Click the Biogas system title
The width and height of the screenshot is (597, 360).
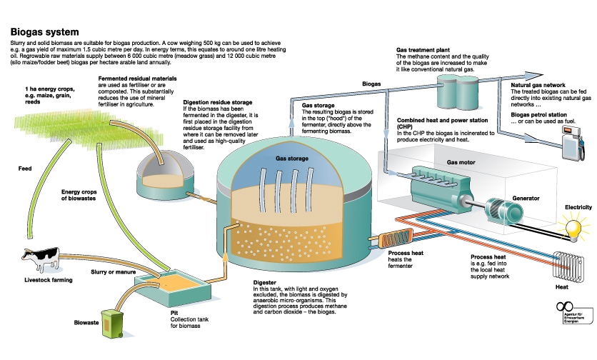coord(44,33)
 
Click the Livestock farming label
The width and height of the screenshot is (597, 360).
coord(48,280)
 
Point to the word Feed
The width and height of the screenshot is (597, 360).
coord(25,169)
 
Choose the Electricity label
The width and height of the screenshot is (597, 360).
coord(578,207)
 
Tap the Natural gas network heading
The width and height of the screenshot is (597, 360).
coord(542,85)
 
